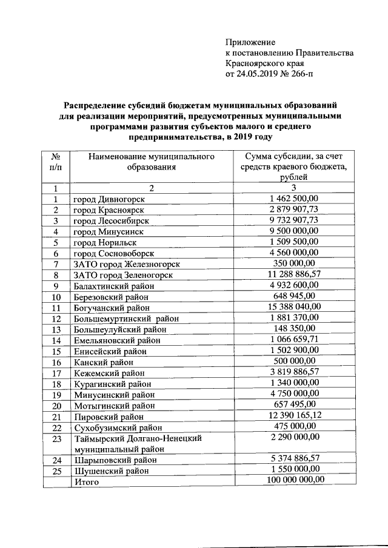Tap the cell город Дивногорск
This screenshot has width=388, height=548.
(113, 199)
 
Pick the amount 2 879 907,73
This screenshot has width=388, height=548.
(293, 210)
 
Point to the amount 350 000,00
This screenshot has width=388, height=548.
(293, 264)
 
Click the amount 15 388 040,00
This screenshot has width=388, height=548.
(293, 308)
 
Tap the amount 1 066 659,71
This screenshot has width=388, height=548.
(293, 340)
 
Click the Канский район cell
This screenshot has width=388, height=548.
(103, 362)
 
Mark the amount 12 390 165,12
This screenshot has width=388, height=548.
(293, 417)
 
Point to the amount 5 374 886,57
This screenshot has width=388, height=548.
(293, 460)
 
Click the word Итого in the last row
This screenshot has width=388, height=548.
(85, 482)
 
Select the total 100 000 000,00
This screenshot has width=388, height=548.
(293, 481)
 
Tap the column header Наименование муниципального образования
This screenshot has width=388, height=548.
(152, 162)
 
